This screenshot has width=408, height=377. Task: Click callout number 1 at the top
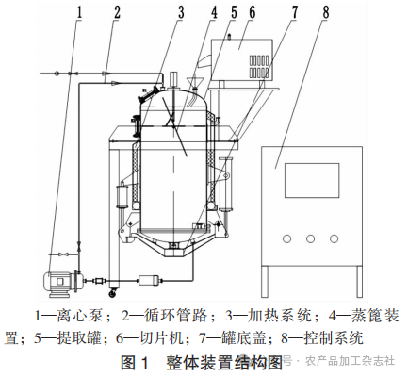79,12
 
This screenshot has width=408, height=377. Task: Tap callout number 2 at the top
117,12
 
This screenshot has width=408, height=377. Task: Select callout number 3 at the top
181,12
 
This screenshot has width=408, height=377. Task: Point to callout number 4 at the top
214,12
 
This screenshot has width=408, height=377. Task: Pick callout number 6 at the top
253,12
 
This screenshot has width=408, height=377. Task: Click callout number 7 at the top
294,12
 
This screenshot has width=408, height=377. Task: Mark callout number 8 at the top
325,12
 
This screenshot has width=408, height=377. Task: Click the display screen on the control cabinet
312,180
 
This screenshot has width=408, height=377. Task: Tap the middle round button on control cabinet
310,238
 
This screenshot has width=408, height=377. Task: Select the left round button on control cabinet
286,238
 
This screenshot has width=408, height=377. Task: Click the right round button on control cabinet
334,238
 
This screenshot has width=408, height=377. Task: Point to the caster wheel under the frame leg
112,294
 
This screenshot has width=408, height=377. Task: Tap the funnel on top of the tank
195,82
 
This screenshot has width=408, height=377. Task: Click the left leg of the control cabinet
266,281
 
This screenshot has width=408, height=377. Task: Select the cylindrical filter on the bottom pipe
150,280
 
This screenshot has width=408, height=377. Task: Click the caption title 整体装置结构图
224,363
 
